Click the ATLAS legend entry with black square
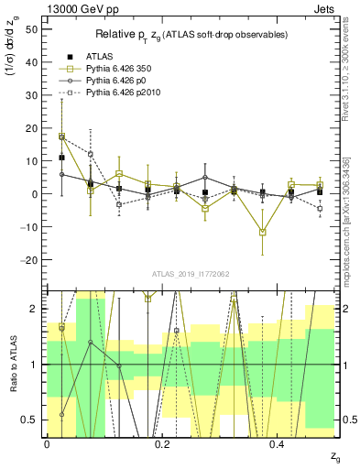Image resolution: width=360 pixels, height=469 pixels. (x=83, y=57)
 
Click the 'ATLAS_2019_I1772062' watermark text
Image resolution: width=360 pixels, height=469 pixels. (x=190, y=274)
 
